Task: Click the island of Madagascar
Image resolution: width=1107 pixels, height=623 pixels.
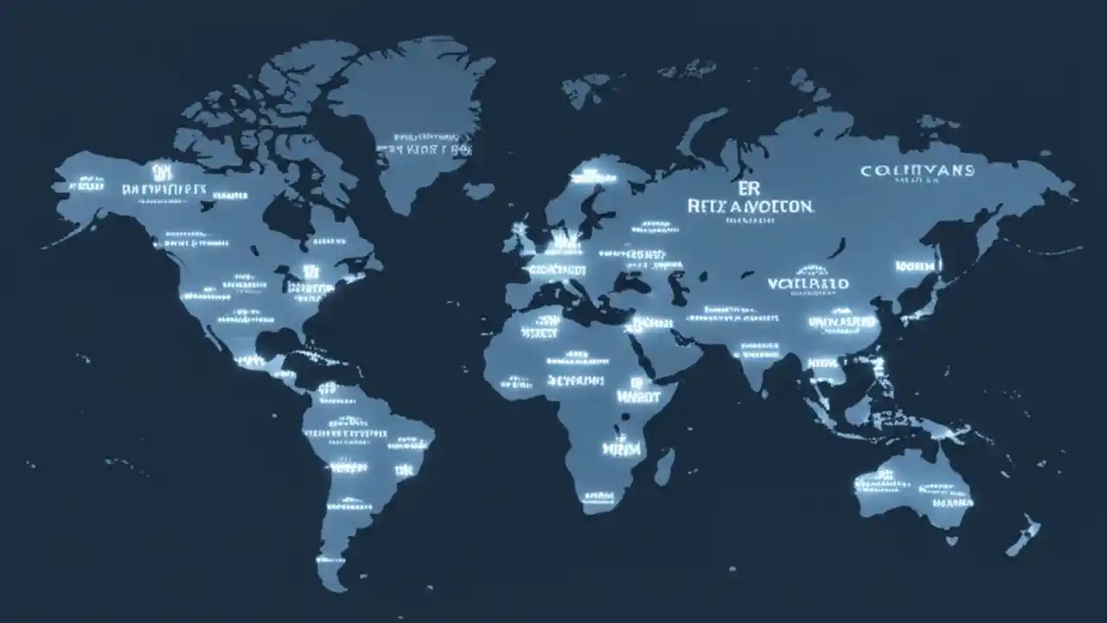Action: tap(663, 466)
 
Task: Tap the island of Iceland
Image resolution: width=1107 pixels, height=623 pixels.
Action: tap(478, 189)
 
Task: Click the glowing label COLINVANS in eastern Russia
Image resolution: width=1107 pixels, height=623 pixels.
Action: tap(917, 171)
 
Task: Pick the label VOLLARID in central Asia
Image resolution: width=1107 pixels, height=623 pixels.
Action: tap(808, 284)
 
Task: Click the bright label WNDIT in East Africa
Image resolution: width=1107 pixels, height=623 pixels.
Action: tap(635, 396)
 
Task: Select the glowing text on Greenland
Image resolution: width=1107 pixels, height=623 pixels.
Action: tap(424, 145)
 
